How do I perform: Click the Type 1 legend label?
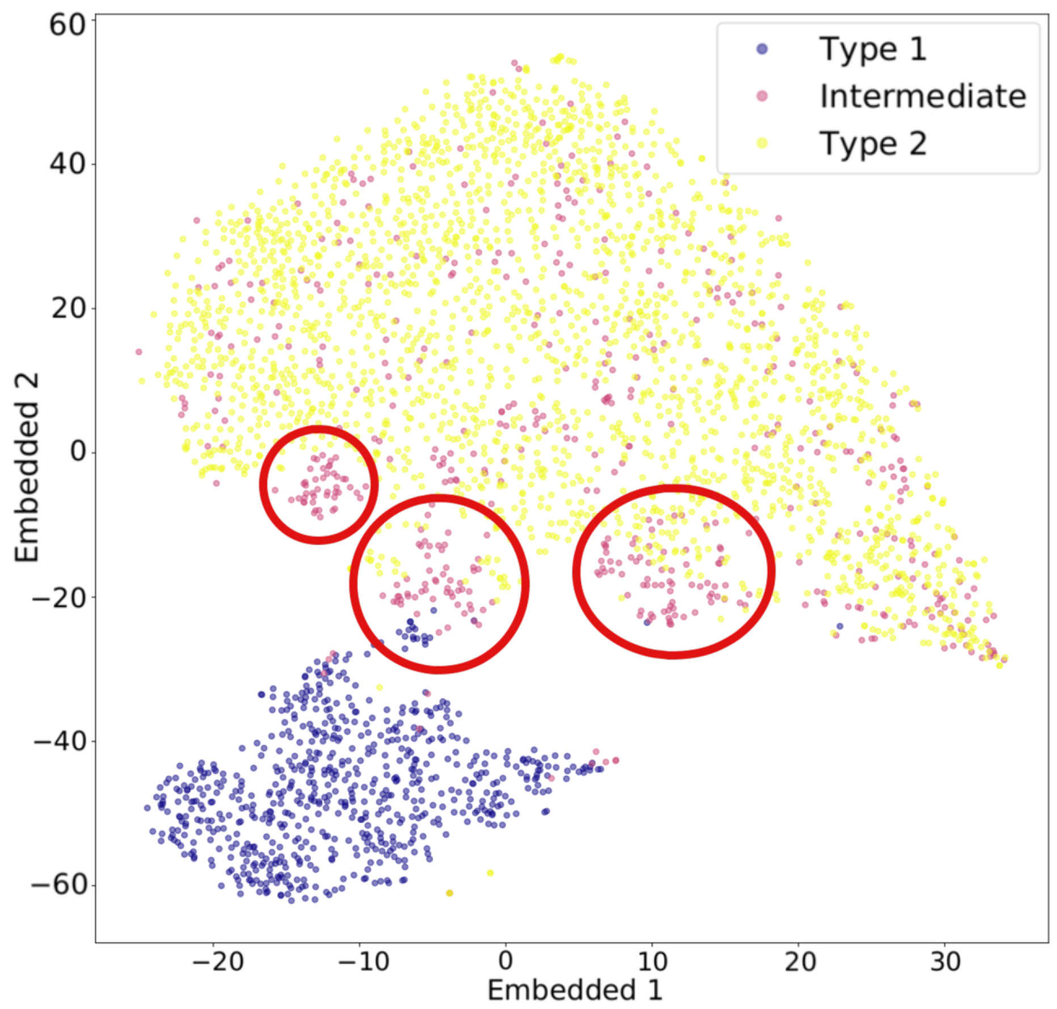point(872,49)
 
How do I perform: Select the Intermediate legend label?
point(923,96)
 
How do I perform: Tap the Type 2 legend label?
point(872,143)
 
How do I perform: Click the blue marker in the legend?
point(762,49)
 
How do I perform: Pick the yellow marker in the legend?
point(762,143)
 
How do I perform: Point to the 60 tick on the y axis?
point(67,26)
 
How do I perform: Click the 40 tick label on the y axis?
point(67,164)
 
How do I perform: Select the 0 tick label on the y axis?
point(78,452)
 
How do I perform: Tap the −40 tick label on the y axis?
point(59,741)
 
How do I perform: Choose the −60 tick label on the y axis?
point(59,885)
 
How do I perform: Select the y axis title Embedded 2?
point(27,467)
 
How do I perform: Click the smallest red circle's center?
point(319,485)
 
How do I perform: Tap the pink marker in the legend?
point(762,96)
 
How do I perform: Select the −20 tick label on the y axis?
point(59,597)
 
